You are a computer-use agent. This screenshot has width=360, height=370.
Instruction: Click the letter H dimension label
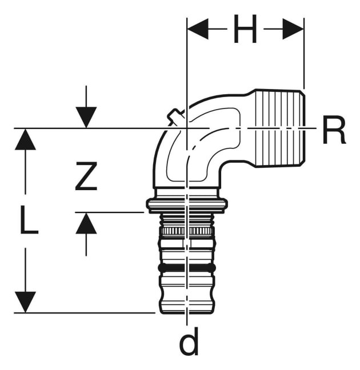245,29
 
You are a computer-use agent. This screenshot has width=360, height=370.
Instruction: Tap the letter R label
334,130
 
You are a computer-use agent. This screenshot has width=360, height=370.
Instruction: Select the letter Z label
86,176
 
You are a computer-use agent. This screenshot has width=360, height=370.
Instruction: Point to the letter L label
29,219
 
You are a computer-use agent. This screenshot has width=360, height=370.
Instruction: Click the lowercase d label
189,341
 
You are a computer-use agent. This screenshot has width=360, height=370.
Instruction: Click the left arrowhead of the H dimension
198,29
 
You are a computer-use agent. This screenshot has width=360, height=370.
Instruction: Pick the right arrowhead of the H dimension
293,29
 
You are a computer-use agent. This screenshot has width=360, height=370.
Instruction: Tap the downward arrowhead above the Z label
86,117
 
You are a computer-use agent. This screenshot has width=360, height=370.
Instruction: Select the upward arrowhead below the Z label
86,223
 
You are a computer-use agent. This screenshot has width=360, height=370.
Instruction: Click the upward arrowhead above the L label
25,139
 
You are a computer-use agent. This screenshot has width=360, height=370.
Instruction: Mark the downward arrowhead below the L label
25,302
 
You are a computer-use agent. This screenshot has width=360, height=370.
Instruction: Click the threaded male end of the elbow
279,128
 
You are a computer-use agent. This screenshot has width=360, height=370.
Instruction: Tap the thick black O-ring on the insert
187,268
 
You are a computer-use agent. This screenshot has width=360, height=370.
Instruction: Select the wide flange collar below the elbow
187,204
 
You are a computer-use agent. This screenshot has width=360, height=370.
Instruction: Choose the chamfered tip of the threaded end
303,128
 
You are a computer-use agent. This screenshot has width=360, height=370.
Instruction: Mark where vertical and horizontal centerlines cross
187,128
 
